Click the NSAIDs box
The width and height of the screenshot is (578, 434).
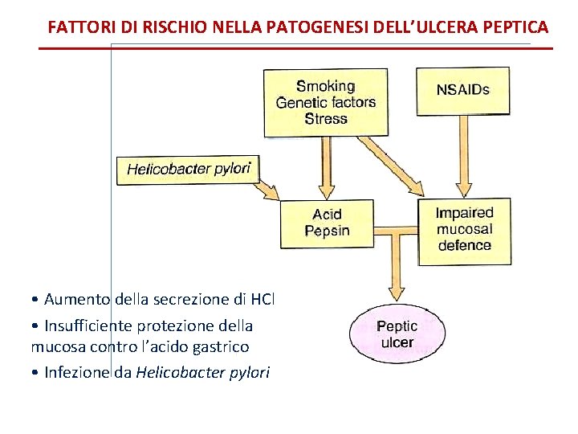[462, 90]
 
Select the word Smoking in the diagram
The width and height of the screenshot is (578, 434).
[325, 86]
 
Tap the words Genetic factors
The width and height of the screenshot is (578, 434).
[325, 102]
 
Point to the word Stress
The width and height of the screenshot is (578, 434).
[325, 119]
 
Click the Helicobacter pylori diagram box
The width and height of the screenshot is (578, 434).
[189, 169]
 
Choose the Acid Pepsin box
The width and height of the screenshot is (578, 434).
[327, 223]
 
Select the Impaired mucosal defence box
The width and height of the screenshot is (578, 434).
[464, 229]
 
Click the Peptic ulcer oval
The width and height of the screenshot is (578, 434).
[397, 334]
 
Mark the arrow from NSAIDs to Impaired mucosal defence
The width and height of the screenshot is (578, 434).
[463, 157]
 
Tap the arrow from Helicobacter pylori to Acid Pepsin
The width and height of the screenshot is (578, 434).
[268, 191]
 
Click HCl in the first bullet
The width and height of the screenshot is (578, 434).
[263, 300]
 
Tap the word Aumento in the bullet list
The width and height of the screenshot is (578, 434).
[78, 300]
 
